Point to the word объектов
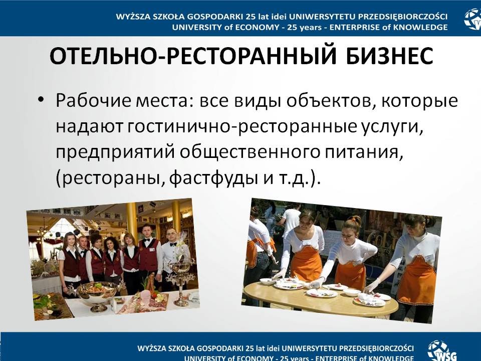point(332,100)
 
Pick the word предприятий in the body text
point(115,152)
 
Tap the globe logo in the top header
point(472,19)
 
